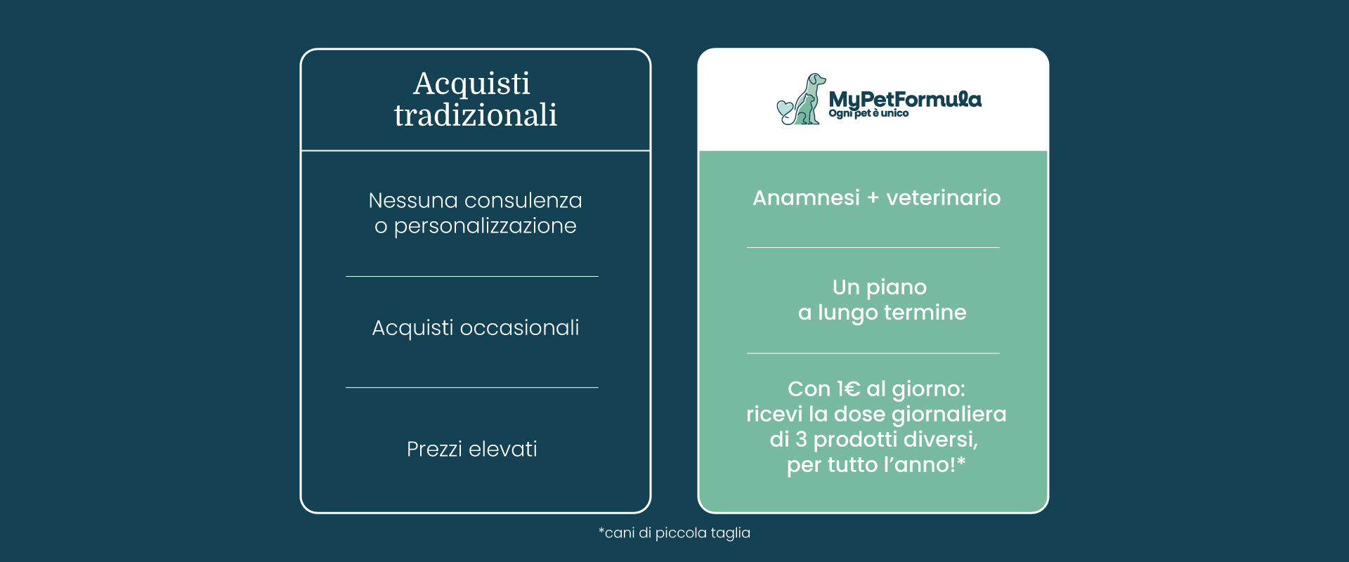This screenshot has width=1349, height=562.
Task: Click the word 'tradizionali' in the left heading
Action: [x=476, y=115]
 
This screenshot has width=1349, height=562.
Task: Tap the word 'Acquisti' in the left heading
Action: [x=471, y=84]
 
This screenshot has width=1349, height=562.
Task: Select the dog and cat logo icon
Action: [x=801, y=99]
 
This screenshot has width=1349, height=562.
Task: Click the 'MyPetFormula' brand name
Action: [x=905, y=99]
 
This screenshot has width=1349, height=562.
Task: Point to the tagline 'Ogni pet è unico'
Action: [x=868, y=113]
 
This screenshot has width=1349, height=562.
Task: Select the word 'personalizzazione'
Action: [x=485, y=226]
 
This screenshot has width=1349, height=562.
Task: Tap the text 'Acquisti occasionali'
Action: [x=476, y=328]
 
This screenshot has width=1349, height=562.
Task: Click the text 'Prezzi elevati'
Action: [x=472, y=449]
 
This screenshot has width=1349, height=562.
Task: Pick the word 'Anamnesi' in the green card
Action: [x=806, y=198]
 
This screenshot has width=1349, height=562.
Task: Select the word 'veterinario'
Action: [x=944, y=198]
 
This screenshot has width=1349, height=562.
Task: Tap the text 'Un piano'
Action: [x=880, y=287]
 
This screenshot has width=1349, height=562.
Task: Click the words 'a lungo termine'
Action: [x=882, y=313]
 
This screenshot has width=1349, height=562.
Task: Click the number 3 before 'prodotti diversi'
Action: [x=801, y=440]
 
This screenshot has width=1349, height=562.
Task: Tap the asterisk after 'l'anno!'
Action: [x=961, y=461]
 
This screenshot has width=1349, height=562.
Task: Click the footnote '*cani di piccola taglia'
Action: [x=674, y=533]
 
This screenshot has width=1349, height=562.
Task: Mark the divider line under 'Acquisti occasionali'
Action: [x=472, y=387]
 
